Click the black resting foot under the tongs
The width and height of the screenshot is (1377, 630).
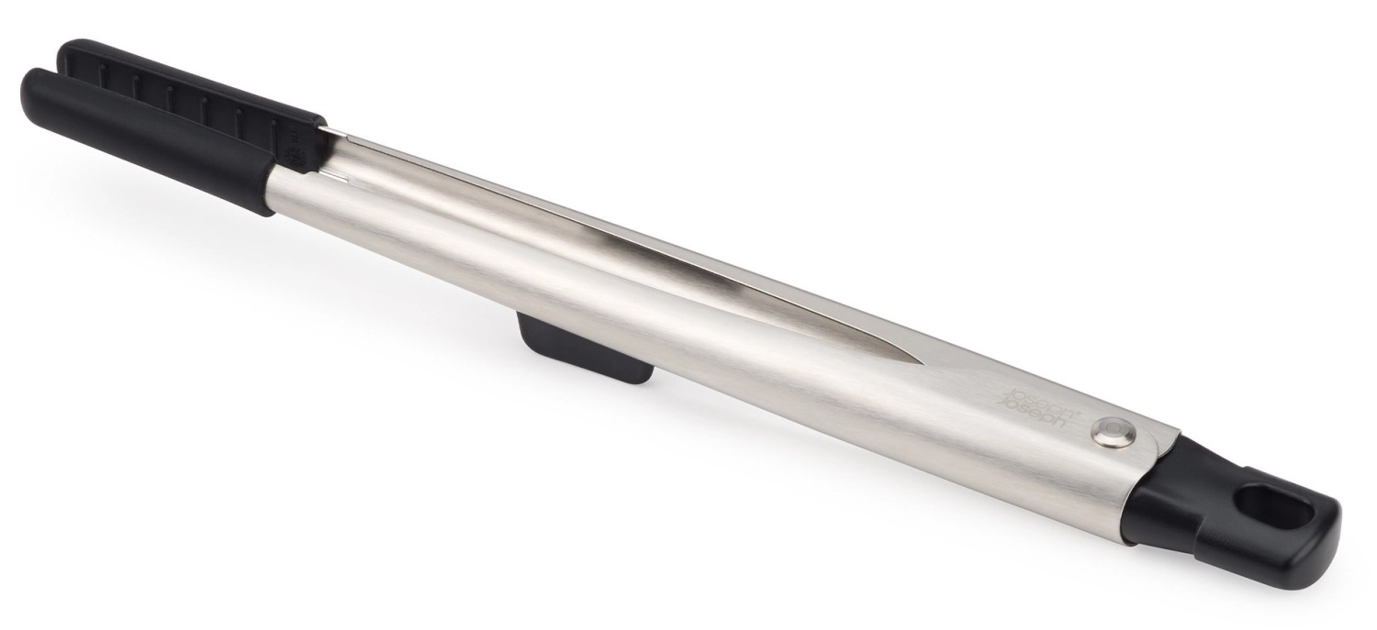[586, 348]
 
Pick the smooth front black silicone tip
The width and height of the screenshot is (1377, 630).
[148, 142]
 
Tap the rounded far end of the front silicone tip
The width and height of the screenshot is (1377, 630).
[30, 92]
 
